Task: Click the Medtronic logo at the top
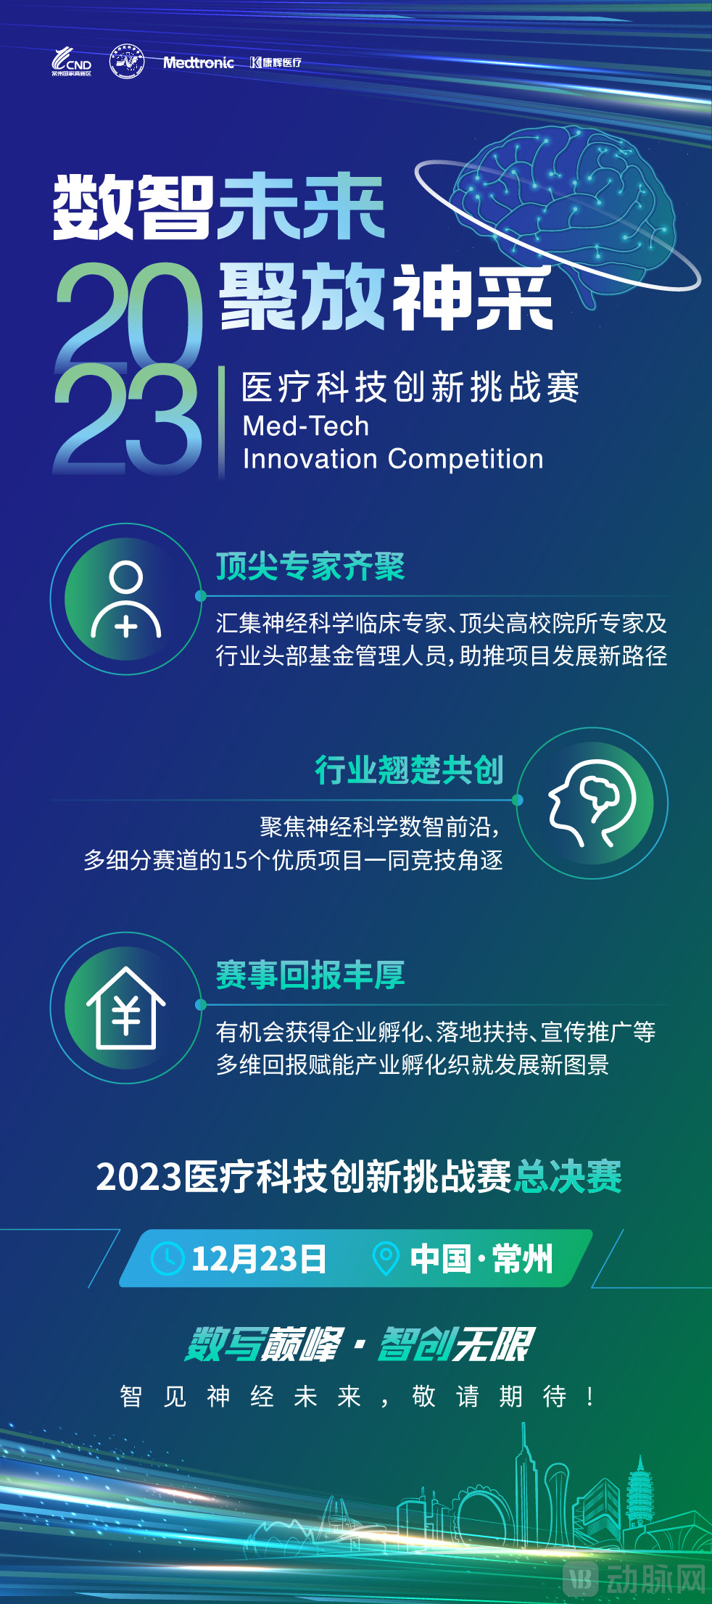198,62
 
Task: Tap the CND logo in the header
71,62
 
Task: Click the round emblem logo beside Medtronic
126,62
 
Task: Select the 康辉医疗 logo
276,62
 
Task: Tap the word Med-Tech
305,426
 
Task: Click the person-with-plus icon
126,600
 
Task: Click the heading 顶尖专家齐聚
310,566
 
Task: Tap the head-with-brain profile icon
592,803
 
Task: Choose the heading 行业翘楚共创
409,769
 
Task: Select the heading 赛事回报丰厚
310,975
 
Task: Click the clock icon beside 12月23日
167,1259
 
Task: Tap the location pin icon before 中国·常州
385,1259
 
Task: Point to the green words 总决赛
568,1176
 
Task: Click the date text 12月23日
258,1259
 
